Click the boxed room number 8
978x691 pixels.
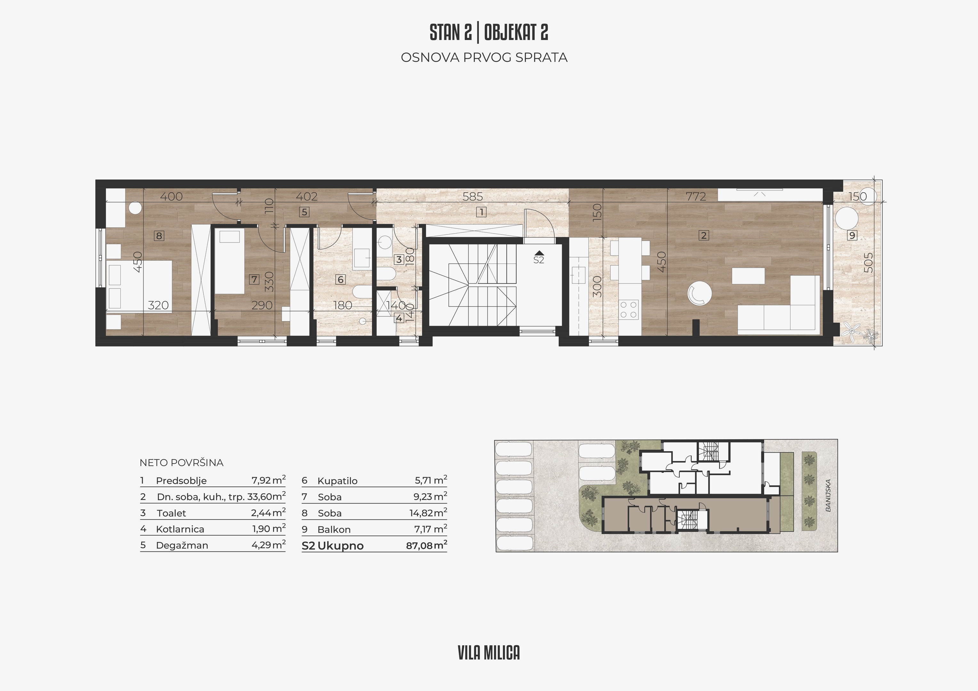click(159, 235)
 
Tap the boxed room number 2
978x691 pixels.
click(704, 235)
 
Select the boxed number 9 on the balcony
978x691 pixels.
click(852, 235)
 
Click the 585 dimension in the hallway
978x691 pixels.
click(473, 196)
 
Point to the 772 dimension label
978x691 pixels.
click(696, 196)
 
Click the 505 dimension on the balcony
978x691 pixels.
click(868, 263)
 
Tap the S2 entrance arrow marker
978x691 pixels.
click(539, 253)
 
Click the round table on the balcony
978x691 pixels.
click(846, 219)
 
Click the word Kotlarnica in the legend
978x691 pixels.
click(180, 529)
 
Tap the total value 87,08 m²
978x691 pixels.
click(426, 545)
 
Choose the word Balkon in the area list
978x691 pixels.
click(334, 530)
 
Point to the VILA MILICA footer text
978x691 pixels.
click(489, 653)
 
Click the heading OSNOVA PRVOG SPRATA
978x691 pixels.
click(484, 58)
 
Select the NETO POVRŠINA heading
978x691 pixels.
click(182, 463)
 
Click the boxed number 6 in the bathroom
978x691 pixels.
click(340, 279)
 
